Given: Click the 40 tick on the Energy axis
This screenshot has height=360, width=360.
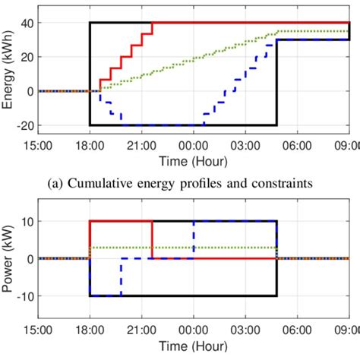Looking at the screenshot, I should click(x=27, y=23).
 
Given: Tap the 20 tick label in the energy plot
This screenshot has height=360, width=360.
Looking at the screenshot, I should click(x=27, y=57).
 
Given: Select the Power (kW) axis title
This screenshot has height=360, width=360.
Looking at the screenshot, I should click(x=9, y=258).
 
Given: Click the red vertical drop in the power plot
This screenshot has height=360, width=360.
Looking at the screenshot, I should click(x=153, y=239).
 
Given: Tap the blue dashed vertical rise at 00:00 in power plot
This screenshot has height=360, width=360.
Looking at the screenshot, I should click(x=194, y=239).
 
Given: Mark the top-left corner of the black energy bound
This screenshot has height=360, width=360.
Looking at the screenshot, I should click(x=90, y=23).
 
